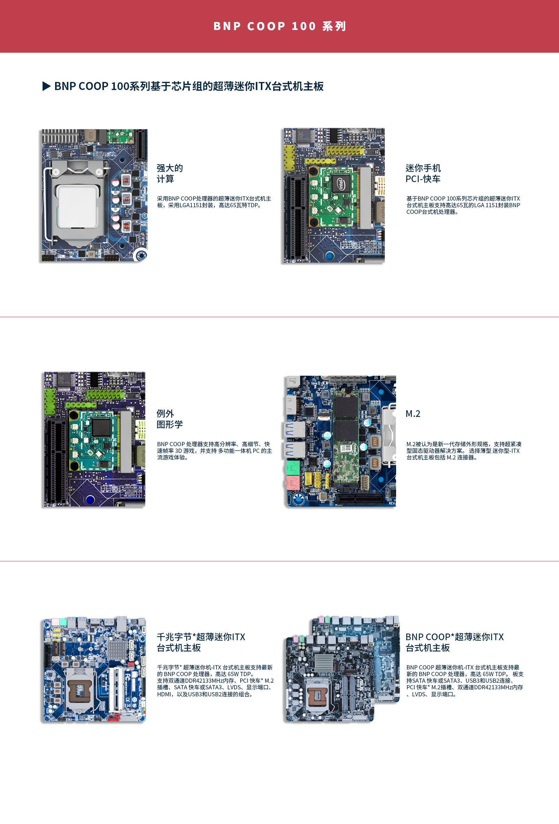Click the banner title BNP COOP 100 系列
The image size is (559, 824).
click(x=279, y=26)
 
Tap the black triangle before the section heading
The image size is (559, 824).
click(x=46, y=86)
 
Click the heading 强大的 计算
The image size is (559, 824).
click(x=169, y=173)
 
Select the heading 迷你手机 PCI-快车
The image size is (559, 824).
click(x=423, y=173)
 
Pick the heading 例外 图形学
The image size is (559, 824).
click(x=169, y=419)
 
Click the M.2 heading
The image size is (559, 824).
click(x=413, y=414)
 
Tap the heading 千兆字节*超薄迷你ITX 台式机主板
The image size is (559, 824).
click(x=201, y=642)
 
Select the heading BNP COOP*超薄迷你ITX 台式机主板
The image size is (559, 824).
click(x=454, y=642)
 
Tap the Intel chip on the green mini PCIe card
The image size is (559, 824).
click(x=340, y=185)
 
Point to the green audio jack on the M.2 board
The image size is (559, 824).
click(x=293, y=467)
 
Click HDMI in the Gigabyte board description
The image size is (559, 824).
click(x=164, y=694)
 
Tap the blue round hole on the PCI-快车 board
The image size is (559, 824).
click(x=329, y=255)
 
